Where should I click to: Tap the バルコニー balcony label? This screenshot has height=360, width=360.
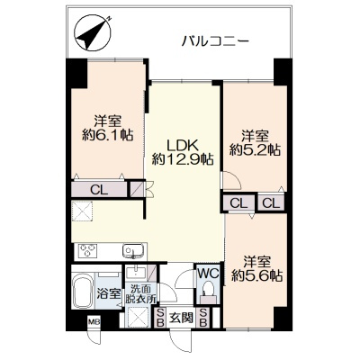click(215, 40)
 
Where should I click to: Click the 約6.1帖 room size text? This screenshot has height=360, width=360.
click(108, 135)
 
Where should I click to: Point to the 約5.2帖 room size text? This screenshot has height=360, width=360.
click(256, 149)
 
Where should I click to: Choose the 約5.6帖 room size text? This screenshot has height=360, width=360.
click(256, 275)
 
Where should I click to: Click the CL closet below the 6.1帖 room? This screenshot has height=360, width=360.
click(99, 190)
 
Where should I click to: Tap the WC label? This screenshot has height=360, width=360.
click(208, 274)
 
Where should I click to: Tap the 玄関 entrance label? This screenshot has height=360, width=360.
click(181, 317)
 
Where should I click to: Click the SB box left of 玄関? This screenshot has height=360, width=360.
click(160, 318)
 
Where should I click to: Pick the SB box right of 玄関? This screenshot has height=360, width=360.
click(203, 318)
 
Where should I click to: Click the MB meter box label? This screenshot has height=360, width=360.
click(94, 322)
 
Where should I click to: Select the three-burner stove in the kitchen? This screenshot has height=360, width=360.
click(87, 250)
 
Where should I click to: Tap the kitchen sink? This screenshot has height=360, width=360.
click(133, 250)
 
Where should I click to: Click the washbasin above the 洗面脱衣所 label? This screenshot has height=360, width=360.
click(137, 272)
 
